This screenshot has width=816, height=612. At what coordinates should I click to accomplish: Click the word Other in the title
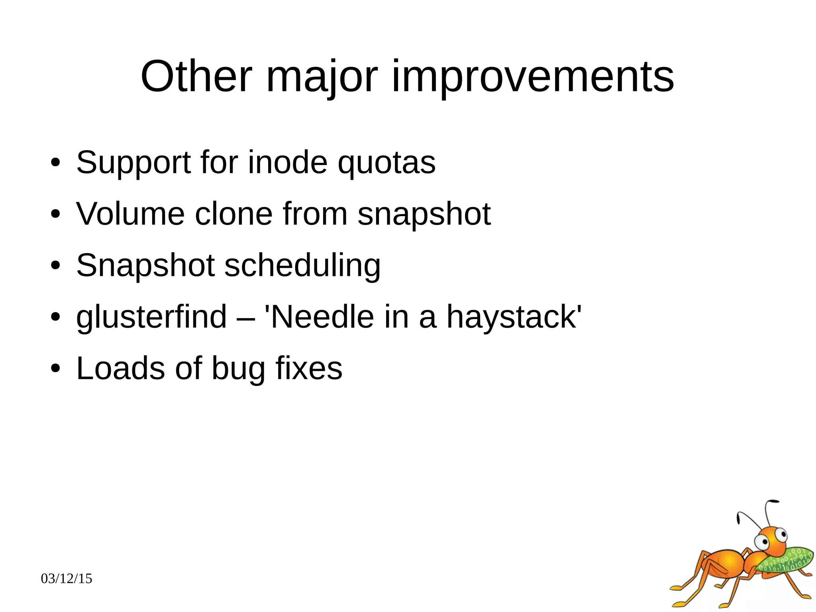click(196, 77)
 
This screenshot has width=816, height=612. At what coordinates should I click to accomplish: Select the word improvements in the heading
click(533, 77)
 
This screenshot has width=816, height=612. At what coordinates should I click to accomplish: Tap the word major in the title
click(321, 77)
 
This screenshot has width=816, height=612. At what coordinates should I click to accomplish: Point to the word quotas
click(386, 163)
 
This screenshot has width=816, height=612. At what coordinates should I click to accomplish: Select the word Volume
click(130, 214)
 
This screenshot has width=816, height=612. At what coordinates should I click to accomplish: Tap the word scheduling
click(302, 266)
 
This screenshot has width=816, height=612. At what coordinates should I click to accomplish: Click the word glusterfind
click(151, 317)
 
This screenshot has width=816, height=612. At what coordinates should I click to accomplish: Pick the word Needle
click(320, 317)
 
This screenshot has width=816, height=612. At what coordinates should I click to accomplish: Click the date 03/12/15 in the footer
click(67, 579)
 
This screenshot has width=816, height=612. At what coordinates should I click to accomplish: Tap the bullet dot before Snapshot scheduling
click(55, 266)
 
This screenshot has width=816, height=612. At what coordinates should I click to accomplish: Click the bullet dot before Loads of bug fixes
click(55, 368)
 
